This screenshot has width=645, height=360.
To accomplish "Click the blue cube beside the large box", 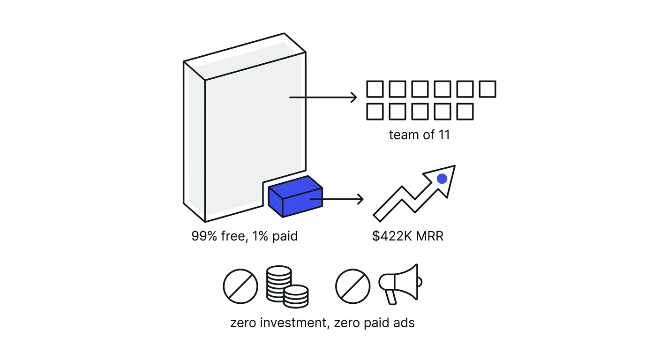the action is coord(295,196).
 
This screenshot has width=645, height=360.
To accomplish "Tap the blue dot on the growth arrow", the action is coord(442,179).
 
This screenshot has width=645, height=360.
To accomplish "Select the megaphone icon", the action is coord(400,284).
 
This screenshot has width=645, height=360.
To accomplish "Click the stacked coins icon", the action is coord(287,287).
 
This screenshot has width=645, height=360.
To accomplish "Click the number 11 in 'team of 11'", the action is coord(444,135).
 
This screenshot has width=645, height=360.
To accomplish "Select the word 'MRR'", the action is coord(430,236).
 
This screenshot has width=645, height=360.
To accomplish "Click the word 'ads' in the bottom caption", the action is coord(404,322).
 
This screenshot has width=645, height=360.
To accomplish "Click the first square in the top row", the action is coord(375,89).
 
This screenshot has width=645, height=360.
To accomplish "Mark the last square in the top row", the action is coord(487,89).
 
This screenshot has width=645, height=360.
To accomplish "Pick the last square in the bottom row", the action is coord(465,112).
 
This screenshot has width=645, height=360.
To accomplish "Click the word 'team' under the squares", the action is coord(401,135).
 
